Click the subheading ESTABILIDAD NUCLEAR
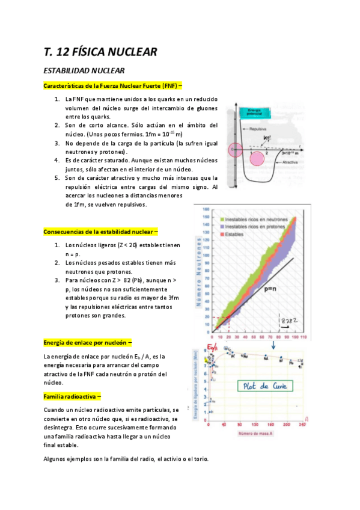84,71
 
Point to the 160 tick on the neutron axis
206,209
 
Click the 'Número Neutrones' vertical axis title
199,272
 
